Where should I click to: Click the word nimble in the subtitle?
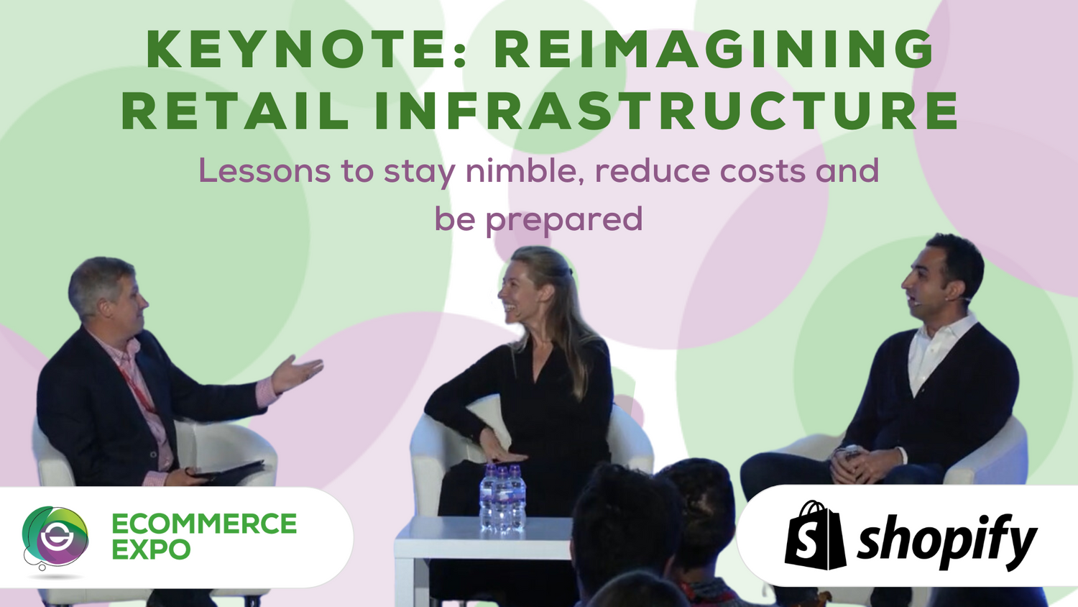click(x=523, y=171)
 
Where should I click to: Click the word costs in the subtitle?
click(x=763, y=171)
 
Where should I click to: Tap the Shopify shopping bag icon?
click(x=814, y=536)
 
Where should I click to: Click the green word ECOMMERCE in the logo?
click(x=204, y=524)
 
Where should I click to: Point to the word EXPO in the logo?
click(x=151, y=550)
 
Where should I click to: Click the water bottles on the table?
click(x=503, y=497)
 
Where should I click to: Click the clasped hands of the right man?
click(x=860, y=464)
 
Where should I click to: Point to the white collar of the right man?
click(x=934, y=345)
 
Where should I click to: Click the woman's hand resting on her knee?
click(x=503, y=453)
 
